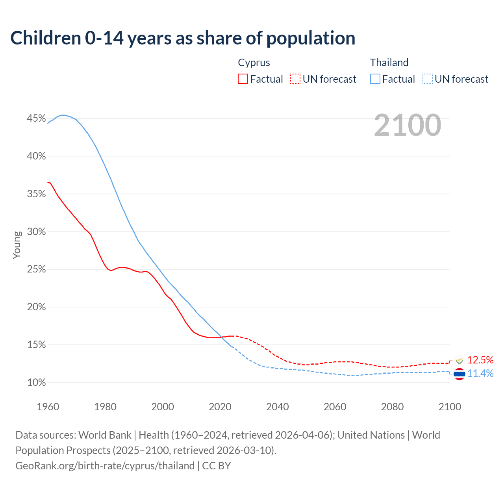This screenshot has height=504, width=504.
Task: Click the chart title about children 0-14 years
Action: [x=183, y=38]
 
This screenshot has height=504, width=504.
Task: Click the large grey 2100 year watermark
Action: [x=408, y=125]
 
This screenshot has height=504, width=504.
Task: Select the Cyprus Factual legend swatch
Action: [x=243, y=79]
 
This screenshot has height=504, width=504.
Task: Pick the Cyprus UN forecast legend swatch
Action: [x=295, y=79]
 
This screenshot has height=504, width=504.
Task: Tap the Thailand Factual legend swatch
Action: [x=375, y=79]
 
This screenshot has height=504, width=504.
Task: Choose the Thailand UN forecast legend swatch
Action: [x=428, y=79]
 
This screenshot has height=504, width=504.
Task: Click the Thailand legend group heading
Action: [x=389, y=63]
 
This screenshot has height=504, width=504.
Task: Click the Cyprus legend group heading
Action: [x=254, y=63]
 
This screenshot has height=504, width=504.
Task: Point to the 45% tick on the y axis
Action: [x=36, y=119]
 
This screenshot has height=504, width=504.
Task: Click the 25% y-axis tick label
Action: [x=36, y=269]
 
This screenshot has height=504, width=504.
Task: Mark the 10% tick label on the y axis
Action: [x=36, y=382]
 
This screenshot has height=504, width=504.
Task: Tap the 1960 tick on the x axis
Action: [x=48, y=407]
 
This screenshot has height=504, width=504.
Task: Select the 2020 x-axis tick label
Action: [x=220, y=407]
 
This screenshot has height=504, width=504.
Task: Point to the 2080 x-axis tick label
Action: [x=392, y=407]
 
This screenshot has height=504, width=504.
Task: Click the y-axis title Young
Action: [x=17, y=245]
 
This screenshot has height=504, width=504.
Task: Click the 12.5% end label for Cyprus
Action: [x=480, y=360]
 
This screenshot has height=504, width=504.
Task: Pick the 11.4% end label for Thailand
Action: [x=480, y=373]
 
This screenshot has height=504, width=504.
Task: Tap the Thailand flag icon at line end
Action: [x=460, y=374]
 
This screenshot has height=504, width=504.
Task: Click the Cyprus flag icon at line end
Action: [x=460, y=360]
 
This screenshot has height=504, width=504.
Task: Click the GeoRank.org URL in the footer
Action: [x=105, y=466]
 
